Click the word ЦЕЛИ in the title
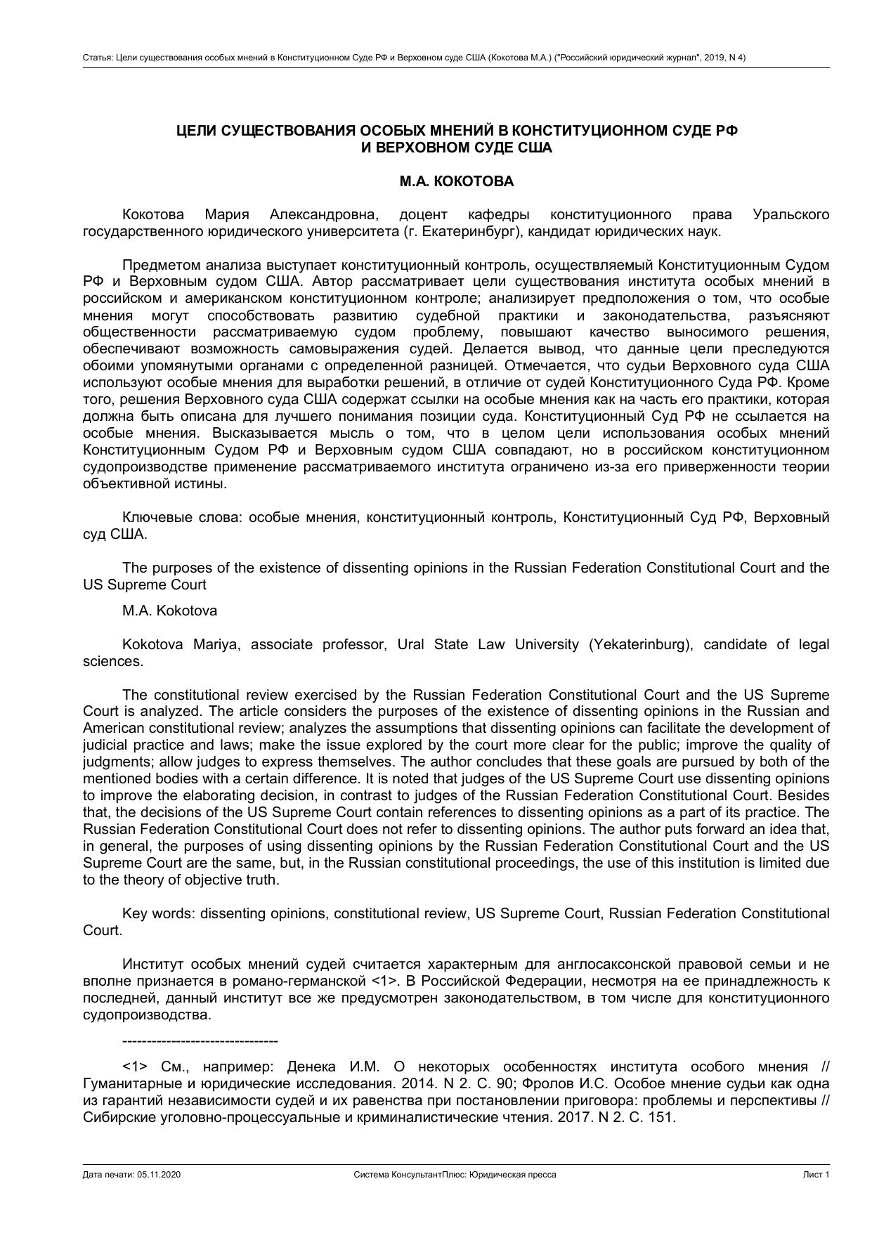click(195, 131)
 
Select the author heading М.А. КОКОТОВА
click(456, 181)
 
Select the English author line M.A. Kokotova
click(169, 611)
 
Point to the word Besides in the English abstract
click(806, 796)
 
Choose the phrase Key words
click(159, 913)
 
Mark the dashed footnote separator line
click(200, 1041)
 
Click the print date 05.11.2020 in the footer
click(160, 1175)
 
